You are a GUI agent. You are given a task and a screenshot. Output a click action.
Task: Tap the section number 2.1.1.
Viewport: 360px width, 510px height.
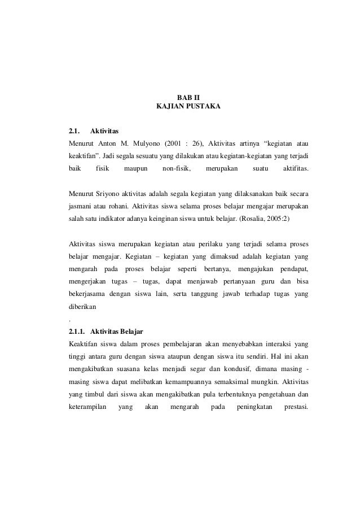pyautogui.click(x=77, y=330)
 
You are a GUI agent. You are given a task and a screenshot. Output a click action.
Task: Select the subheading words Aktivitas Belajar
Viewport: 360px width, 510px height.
pyautogui.click(x=119, y=330)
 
